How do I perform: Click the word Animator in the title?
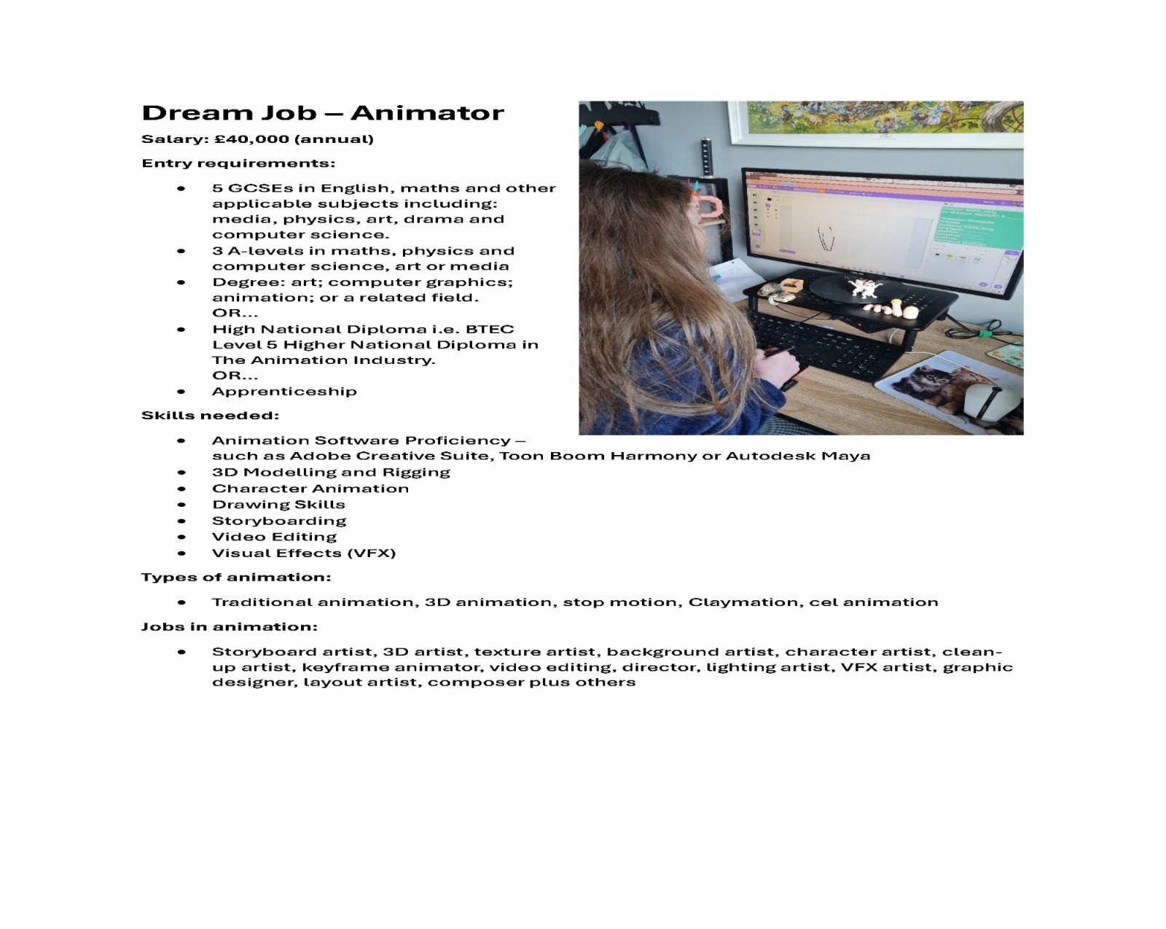pos(427,113)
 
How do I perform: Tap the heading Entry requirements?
pos(238,163)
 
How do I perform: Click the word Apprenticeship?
pos(284,392)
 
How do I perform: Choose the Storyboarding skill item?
pos(279,521)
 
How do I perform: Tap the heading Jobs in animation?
pos(229,627)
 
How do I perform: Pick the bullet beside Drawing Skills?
pos(181,505)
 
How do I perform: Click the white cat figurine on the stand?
pos(865,287)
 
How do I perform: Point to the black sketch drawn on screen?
pos(826,238)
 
